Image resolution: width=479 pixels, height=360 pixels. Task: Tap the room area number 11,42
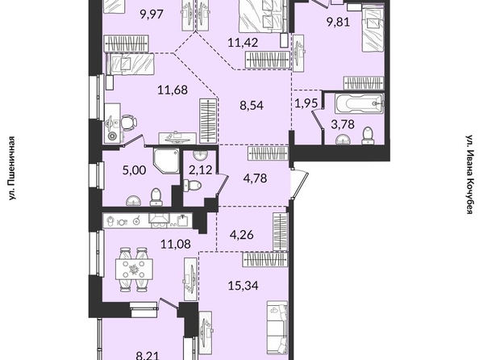click(243, 42)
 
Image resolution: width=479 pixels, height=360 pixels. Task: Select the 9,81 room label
click(338, 23)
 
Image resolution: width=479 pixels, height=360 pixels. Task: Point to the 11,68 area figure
click(173, 90)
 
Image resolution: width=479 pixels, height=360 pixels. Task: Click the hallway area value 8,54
click(252, 106)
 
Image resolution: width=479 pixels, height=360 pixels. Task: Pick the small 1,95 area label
click(306, 103)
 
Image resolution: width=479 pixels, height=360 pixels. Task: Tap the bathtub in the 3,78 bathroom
click(360, 103)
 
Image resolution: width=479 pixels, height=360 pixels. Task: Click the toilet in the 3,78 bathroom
click(367, 136)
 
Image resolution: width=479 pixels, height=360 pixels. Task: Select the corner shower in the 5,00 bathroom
click(166, 161)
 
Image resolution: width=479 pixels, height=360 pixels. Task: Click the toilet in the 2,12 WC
click(193, 185)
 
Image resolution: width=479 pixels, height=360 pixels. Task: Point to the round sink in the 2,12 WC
click(200, 154)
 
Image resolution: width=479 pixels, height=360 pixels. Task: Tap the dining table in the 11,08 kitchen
click(134, 269)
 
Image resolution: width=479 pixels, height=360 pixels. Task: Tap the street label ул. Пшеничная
click(11, 169)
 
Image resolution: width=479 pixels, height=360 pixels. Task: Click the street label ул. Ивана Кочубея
click(470, 174)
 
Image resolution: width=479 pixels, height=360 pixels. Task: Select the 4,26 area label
click(241, 235)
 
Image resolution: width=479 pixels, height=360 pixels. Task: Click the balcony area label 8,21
click(148, 356)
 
